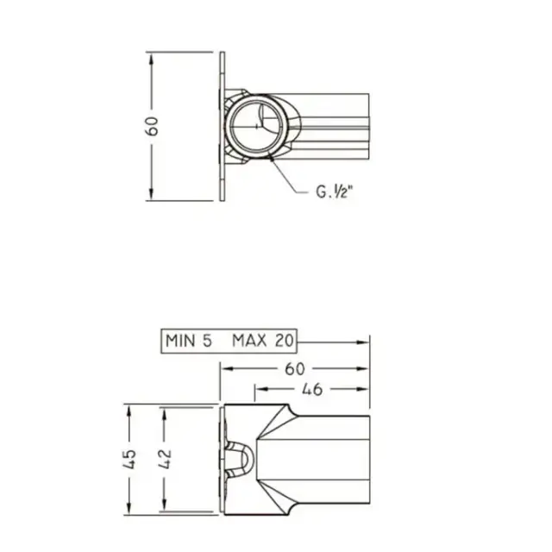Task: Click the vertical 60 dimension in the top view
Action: [152, 126]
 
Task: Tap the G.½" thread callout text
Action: [334, 191]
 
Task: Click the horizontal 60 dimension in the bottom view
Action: [295, 369]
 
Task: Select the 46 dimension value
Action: [312, 389]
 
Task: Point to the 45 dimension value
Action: [129, 459]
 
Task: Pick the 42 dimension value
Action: [165, 459]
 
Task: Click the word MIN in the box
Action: [180, 341]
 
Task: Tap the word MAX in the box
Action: [249, 341]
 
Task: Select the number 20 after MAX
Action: [284, 341]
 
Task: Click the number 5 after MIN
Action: [207, 341]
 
